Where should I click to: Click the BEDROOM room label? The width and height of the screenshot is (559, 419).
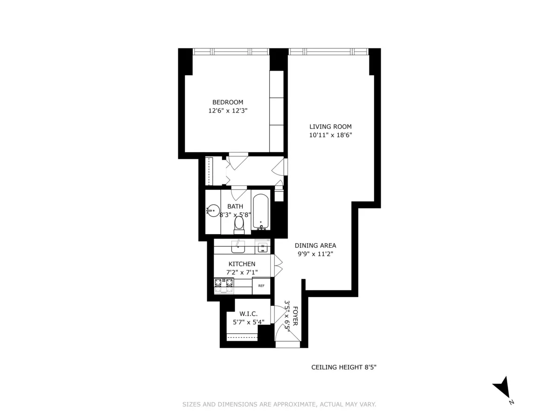pyautogui.click(x=228, y=102)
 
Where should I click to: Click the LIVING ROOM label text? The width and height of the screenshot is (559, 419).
pyautogui.click(x=331, y=127)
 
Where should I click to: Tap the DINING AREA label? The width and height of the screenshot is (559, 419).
pyautogui.click(x=315, y=246)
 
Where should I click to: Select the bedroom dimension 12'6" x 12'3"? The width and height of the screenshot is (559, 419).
pyautogui.click(x=228, y=111)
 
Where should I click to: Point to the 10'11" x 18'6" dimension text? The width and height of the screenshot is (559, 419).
pyautogui.click(x=331, y=135)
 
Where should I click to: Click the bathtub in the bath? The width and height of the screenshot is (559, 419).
pyautogui.click(x=261, y=212)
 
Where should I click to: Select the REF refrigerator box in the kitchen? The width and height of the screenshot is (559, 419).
pyautogui.click(x=261, y=286)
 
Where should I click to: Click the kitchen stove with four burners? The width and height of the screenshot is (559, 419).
pyautogui.click(x=224, y=286)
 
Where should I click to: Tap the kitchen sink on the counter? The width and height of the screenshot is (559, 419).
pyautogui.click(x=239, y=246)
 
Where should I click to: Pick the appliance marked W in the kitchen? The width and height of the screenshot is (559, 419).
pyautogui.click(x=263, y=247)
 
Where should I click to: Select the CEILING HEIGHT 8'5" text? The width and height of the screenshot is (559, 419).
pyautogui.click(x=344, y=367)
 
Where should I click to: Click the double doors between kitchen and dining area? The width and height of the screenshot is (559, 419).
pyautogui.click(x=278, y=266)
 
